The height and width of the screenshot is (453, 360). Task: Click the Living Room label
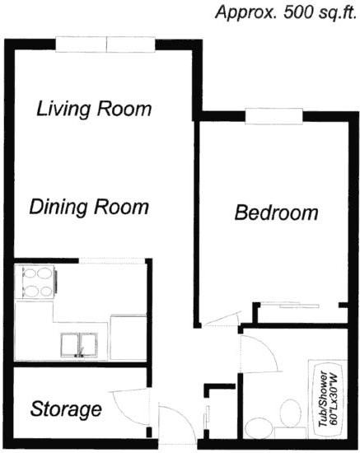pos(96,108)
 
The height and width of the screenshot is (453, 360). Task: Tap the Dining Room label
pos(89,206)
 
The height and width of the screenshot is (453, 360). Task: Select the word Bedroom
pos(276,213)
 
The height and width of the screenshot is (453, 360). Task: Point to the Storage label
pos(66,409)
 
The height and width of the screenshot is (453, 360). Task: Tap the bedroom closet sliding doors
pos(299,306)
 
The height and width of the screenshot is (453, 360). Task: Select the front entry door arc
pos(173,420)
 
